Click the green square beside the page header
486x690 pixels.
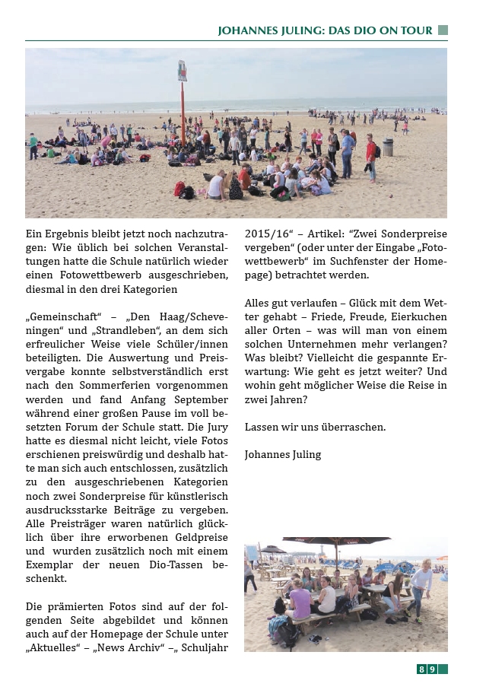(443, 30)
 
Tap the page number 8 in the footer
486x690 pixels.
(421, 669)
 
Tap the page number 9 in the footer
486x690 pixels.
(432, 669)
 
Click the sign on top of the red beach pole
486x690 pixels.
(183, 71)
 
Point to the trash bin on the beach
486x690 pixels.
(388, 147)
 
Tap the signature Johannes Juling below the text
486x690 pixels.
(283, 454)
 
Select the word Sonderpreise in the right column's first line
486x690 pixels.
(414, 234)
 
